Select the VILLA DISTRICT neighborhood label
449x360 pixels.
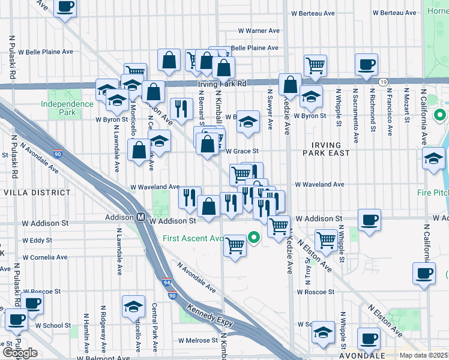click(x=37, y=193)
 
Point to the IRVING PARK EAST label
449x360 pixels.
click(x=327, y=149)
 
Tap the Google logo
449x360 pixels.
click(x=20, y=353)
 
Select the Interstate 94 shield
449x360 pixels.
click(x=167, y=281)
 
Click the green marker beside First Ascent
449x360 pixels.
click(x=254, y=238)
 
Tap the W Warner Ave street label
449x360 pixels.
click(x=259, y=30)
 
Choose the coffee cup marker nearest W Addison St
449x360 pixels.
click(x=369, y=219)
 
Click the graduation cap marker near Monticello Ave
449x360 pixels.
click(x=133, y=307)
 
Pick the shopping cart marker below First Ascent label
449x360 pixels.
click(x=235, y=246)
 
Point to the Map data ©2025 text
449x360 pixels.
click(x=423, y=356)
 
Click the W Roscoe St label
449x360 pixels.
click(x=315, y=292)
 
